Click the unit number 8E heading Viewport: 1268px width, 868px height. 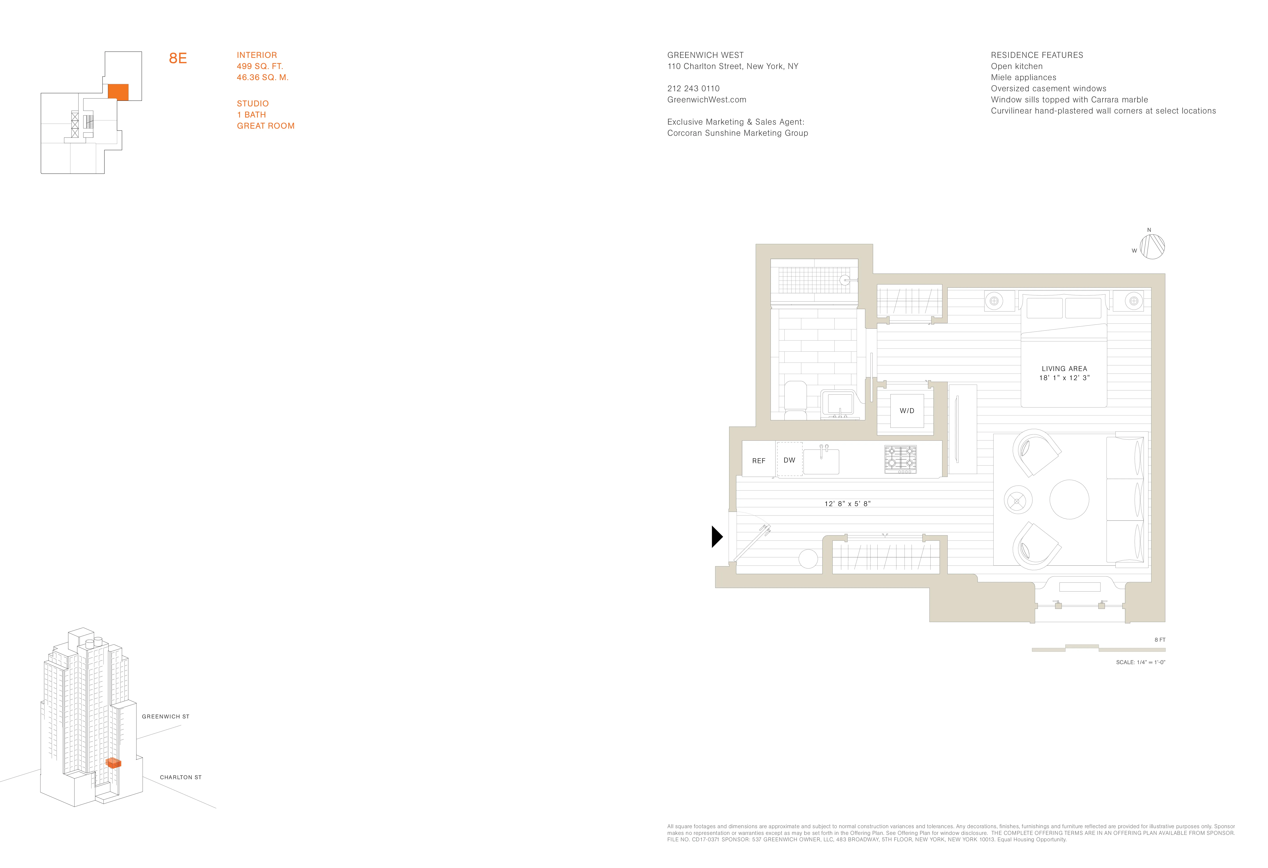tap(178, 58)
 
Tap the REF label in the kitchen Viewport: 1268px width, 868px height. tap(758, 461)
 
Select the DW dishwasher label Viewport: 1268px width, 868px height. tap(789, 460)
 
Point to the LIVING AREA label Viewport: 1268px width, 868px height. tap(1064, 369)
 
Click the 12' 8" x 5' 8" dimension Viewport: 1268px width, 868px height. tap(847, 504)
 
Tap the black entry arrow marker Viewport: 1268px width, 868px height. tap(717, 537)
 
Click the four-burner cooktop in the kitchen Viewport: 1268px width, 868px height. tap(900, 459)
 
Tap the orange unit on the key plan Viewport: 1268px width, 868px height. tap(118, 92)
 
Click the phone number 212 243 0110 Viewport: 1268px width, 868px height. tap(693, 88)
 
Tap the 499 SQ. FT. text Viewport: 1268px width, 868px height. tap(260, 66)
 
